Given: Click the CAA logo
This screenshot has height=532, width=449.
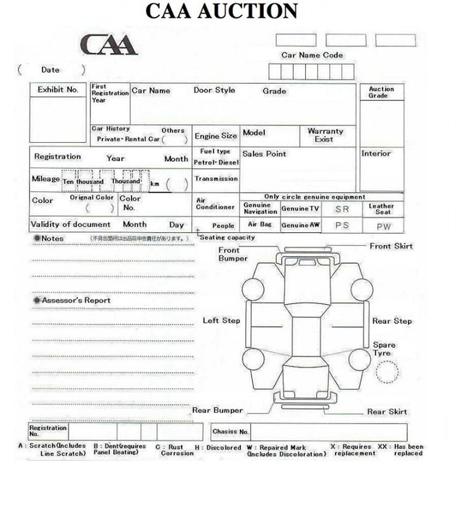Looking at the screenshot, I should tap(108, 44).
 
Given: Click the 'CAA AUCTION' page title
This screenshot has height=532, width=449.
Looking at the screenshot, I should tap(221, 11).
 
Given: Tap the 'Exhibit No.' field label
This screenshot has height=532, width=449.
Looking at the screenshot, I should tap(58, 90).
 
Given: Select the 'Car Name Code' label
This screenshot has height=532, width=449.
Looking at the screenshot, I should tap(312, 55).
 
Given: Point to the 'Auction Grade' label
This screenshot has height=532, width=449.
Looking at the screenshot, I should tap(381, 92).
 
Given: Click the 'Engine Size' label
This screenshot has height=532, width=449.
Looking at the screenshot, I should tap(216, 136).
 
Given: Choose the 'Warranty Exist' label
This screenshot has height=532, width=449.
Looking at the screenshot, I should tap(325, 135).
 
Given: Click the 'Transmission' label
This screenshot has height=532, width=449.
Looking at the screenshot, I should tap(216, 179).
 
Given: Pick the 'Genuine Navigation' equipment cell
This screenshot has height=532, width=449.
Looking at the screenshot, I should tap(260, 209).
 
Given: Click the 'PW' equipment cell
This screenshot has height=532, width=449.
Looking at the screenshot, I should tap(383, 226).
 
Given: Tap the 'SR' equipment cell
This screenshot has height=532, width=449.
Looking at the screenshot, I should tap(341, 209).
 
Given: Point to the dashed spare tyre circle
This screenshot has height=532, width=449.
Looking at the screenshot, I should tap(386, 371).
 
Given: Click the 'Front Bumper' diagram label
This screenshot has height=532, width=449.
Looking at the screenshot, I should tap(232, 254).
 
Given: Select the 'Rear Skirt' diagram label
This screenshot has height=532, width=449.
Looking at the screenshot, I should tap(387, 412).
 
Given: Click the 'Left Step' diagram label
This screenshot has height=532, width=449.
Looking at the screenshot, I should tap(221, 321).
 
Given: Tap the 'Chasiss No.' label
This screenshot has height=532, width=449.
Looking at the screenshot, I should tap(231, 432).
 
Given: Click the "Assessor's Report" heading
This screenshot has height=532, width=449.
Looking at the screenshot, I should tap(76, 300).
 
